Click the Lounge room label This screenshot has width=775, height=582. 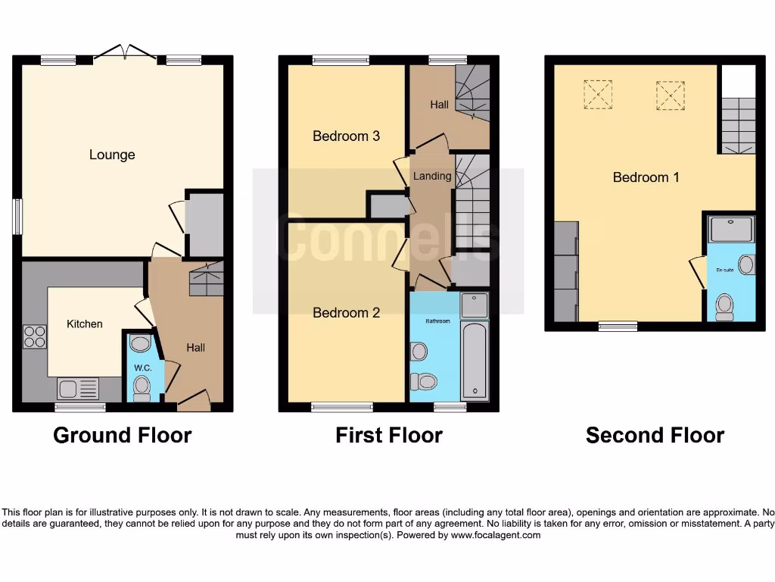(112, 155)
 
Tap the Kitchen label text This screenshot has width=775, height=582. (85, 324)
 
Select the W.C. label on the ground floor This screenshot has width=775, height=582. (143, 368)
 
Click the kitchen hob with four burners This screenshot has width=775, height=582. (34, 336)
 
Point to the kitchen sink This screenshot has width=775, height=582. (77, 390)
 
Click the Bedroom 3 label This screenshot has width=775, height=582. (346, 136)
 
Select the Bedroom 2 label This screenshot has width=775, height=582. (346, 312)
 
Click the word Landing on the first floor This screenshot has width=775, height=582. (432, 176)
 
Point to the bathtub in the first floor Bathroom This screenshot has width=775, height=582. (475, 360)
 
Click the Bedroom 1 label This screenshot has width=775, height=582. (646, 177)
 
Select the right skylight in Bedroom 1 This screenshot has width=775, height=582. (669, 95)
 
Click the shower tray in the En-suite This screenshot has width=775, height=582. (731, 229)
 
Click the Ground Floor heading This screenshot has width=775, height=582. (123, 435)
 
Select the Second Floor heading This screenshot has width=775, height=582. (655, 435)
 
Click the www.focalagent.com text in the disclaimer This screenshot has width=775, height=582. (496, 535)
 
